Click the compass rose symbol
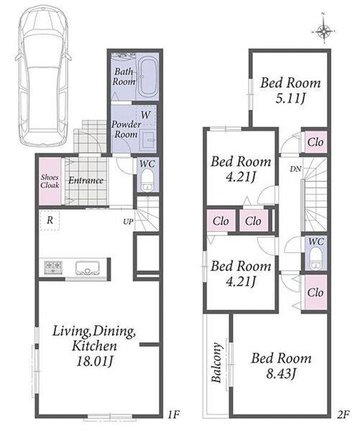324,31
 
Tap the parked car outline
43,77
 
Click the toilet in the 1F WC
148,180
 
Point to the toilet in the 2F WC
316,258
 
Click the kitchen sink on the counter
87,267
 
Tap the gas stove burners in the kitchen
52,267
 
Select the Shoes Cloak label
50,181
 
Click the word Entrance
86,180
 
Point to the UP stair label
128,221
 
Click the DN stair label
295,169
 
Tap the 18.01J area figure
94,361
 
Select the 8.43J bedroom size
281,374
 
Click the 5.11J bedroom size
290,98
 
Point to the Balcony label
216,363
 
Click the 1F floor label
173,414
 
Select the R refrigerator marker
50,220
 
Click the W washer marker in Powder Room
145,114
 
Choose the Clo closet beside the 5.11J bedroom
315,142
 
